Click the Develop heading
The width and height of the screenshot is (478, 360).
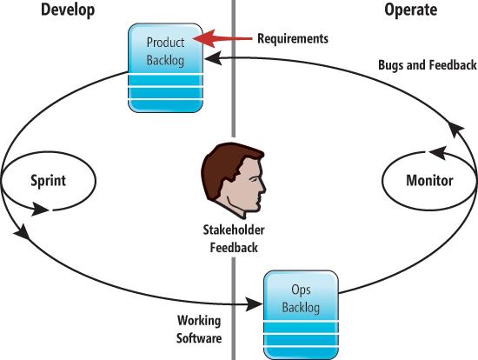68,10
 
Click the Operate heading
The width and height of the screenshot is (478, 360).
410,10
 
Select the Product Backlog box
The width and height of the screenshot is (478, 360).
165,68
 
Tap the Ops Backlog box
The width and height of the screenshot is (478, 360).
301,315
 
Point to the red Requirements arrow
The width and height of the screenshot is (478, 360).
222,38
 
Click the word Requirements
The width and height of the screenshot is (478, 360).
293,39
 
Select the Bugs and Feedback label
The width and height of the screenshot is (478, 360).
427,65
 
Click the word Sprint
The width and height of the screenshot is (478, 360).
48,181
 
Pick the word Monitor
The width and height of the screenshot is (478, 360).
429,180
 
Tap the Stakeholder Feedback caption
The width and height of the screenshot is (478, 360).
234,238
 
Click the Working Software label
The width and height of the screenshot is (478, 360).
199,330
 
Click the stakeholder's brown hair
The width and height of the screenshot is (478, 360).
227,164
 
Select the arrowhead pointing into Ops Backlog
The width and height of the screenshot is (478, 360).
255,303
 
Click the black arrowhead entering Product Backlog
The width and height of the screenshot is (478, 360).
213,58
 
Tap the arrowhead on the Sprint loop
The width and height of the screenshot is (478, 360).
40,210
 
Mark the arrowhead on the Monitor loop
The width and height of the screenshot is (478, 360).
438,152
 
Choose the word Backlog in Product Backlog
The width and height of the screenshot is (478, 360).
165,60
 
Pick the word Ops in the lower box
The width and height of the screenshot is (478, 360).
301,290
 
